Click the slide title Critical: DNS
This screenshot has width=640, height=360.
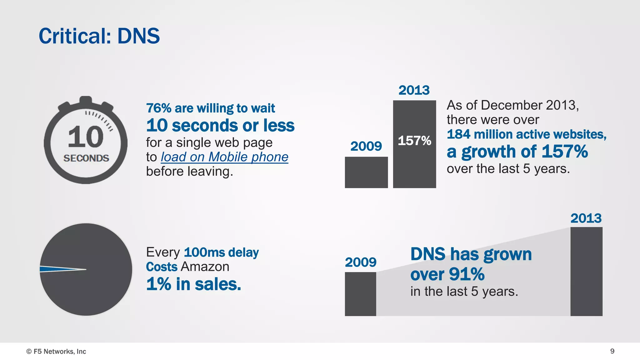(99, 36)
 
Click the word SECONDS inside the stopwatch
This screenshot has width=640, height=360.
(86, 158)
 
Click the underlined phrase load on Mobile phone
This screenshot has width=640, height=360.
(224, 157)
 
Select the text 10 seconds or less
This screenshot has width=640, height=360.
(220, 125)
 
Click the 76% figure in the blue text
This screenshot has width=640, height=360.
(159, 108)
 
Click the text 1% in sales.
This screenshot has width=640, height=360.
(194, 284)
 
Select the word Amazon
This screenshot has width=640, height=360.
(205, 267)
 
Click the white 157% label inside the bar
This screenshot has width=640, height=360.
(414, 141)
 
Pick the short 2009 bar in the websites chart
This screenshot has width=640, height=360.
(366, 172)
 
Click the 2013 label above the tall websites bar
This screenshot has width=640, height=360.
(414, 90)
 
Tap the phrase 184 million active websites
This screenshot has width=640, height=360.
(527, 134)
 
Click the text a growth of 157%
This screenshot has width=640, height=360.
(517, 152)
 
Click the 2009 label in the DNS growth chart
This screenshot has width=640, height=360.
(361, 262)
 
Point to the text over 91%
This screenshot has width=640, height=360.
(447, 274)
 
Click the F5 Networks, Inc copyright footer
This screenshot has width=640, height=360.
(56, 351)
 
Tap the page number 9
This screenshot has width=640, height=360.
(612, 351)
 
